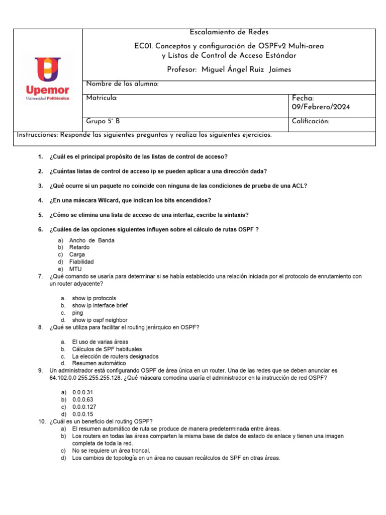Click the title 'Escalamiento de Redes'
229,32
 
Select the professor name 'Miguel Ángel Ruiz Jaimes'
246,69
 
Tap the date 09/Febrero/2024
321,107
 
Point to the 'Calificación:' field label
311,122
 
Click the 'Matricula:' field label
102,98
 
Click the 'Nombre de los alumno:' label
123,84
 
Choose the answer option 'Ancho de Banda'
91,240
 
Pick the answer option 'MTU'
75,269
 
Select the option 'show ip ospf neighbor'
100,320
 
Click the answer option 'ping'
77,313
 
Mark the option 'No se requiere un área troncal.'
111,451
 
